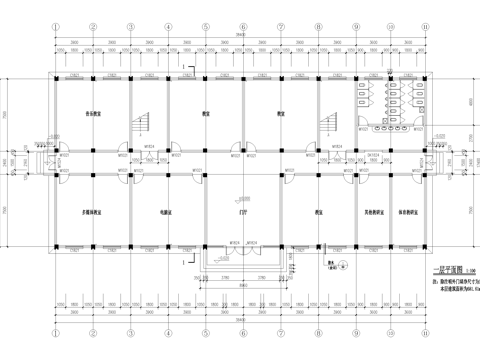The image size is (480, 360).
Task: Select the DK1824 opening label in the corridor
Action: pos(372,156)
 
